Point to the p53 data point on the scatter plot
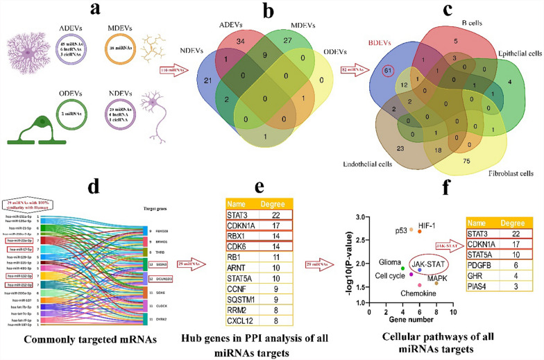click(x=411, y=229)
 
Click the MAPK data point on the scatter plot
click(x=436, y=283)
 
